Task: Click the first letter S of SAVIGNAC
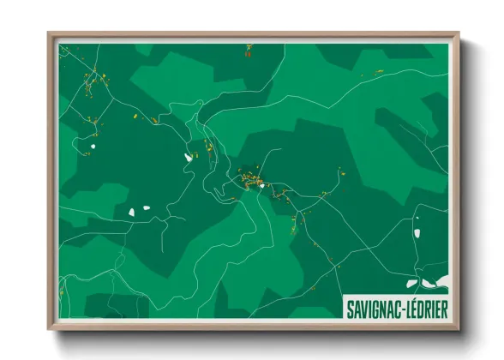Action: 350,307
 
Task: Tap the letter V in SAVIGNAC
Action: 363,307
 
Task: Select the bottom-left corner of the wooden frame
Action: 49,328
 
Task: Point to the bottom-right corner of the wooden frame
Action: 459,328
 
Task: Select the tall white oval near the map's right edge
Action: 417,231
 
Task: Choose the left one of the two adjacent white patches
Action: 131,211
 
